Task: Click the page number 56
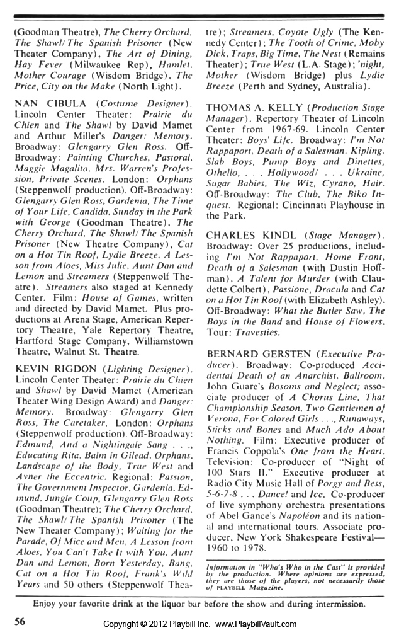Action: (20, 621)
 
